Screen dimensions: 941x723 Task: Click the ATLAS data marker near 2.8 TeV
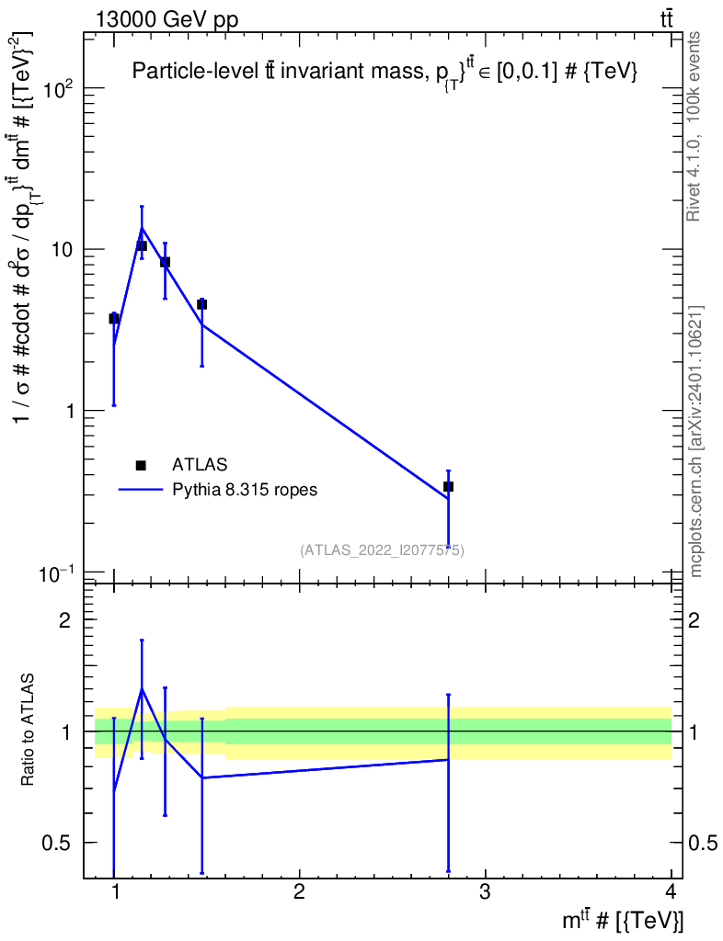(448, 486)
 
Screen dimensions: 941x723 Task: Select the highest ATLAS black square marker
(142, 245)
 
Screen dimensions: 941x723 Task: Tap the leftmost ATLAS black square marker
(114, 318)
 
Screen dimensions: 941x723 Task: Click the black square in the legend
(141, 465)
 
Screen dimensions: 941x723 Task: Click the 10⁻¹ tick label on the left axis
(57, 573)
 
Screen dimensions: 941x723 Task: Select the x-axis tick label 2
(299, 891)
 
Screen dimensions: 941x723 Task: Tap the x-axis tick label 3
(485, 891)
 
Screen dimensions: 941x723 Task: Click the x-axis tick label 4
(671, 891)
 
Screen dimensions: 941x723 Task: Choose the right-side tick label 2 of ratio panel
(696, 620)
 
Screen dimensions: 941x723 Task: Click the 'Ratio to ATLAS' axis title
(29, 731)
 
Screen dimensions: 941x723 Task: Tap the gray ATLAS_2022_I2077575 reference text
(382, 550)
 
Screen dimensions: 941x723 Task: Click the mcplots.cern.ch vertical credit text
(696, 441)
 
